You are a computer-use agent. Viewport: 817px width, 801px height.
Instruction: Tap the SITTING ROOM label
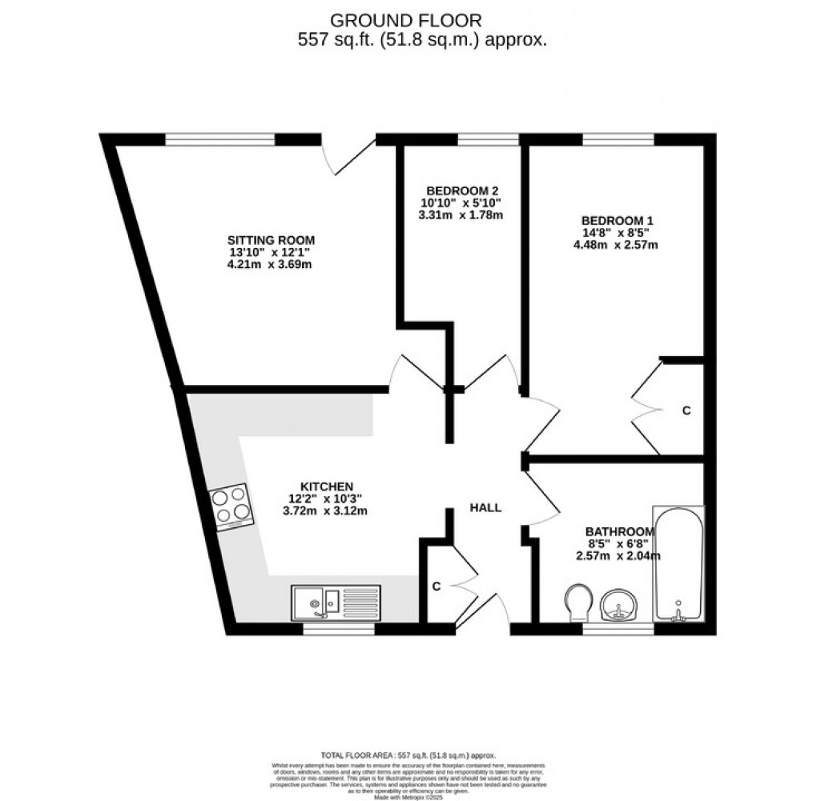tap(271, 239)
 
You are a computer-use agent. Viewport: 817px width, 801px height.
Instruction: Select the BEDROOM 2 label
tap(462, 190)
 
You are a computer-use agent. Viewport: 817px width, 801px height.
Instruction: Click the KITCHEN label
tap(327, 487)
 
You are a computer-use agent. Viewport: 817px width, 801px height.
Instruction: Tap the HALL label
tap(485, 507)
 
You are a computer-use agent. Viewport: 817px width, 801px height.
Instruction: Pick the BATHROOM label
tap(621, 531)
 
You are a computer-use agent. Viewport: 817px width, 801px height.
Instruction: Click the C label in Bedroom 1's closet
tap(686, 411)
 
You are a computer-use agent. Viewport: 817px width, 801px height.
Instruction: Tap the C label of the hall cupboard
tap(437, 587)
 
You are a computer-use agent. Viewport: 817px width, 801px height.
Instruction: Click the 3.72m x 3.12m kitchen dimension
tap(325, 511)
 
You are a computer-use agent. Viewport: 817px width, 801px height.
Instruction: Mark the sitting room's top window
tap(220, 139)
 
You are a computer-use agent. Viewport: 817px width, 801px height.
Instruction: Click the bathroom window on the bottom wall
tap(618, 629)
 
